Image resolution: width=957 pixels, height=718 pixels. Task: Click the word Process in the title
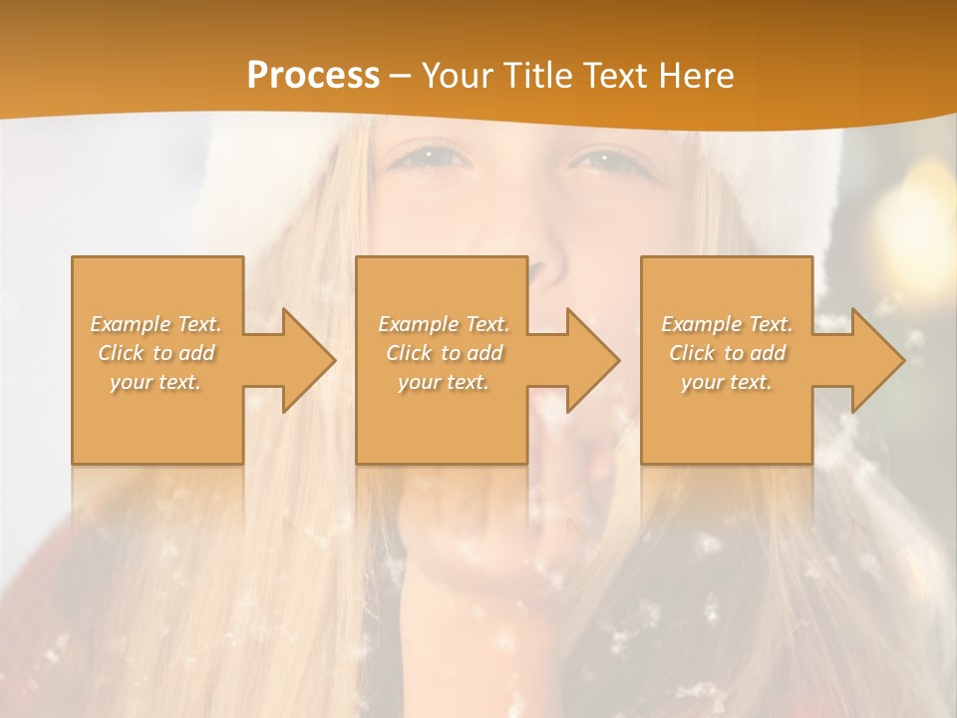coord(313,76)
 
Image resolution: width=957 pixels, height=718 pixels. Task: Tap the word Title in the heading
coord(535,76)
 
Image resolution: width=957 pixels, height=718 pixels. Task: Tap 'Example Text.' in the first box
coord(156,324)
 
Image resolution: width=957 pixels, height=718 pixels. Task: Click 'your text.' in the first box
coord(156,382)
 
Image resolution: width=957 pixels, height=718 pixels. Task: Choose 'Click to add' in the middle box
coord(444,353)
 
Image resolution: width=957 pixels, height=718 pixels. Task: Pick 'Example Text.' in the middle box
coord(444,324)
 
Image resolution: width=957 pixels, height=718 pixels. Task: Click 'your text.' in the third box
coord(727,382)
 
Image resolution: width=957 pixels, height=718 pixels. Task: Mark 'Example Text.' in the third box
coord(727,324)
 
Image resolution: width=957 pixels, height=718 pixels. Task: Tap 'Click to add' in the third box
coord(727,353)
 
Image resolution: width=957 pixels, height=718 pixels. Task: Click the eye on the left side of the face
coord(427,157)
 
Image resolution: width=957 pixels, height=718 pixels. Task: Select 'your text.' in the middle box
coord(444,382)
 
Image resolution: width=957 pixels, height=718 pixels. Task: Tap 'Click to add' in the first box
coord(156,353)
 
